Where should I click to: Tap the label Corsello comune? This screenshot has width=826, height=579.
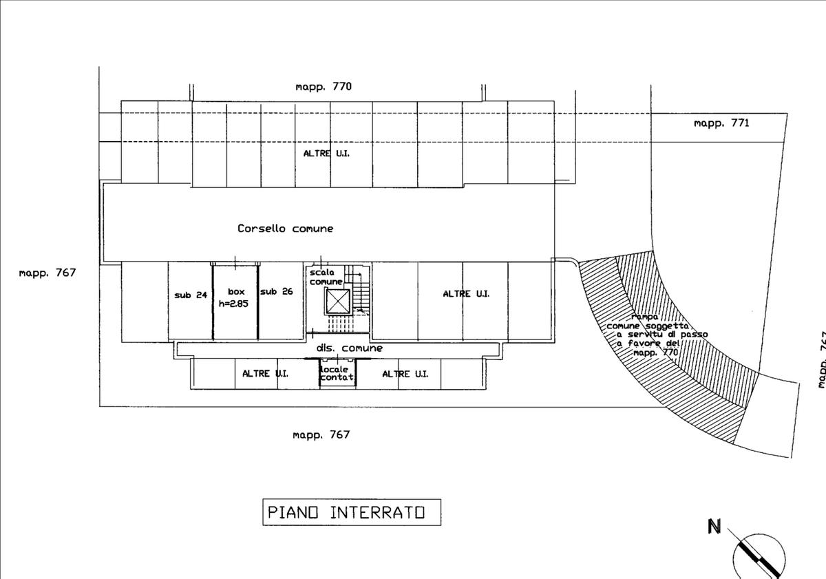point(285,229)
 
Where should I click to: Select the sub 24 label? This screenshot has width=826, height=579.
point(191,295)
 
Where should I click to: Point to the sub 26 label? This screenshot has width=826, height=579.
point(276,292)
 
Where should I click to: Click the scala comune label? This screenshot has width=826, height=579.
point(326,277)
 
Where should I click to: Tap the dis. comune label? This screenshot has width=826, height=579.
point(349,348)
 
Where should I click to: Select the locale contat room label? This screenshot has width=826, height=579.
point(337,373)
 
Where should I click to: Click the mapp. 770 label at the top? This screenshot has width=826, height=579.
point(324,87)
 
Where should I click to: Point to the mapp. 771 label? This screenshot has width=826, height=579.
point(721,123)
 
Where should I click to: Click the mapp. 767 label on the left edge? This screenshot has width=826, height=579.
point(47,273)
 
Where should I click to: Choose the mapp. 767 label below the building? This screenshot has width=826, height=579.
point(321,434)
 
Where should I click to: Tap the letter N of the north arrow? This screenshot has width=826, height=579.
point(714,527)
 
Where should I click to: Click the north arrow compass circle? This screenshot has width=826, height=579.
point(759,556)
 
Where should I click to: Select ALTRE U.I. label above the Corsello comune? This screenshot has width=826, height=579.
point(326,154)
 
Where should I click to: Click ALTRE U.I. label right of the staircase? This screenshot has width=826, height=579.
point(466,294)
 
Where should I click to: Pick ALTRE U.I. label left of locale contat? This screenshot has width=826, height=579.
point(265,374)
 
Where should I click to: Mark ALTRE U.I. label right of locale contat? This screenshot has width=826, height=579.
point(405,374)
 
